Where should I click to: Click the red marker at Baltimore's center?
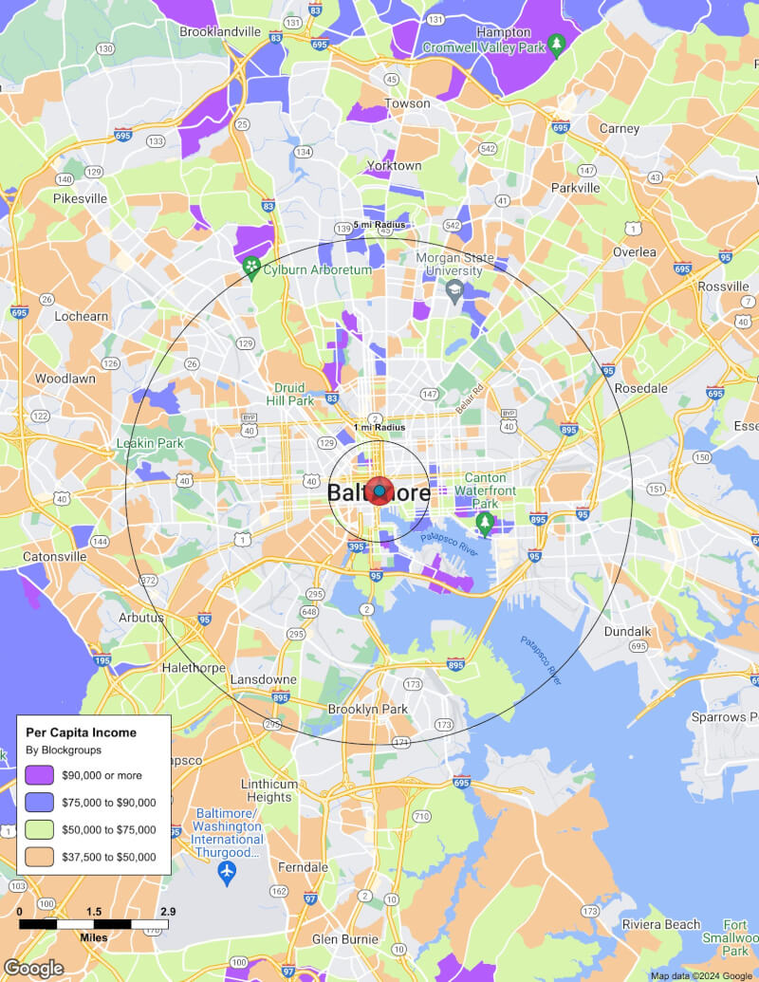(x=379, y=491)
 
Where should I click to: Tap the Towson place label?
(x=407, y=103)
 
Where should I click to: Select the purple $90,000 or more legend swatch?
(x=40, y=774)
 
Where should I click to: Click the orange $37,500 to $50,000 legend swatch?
(x=40, y=857)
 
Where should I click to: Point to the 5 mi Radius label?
(x=379, y=225)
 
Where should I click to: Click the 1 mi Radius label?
(x=379, y=428)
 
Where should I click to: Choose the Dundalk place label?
(x=627, y=631)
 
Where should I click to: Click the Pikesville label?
(x=81, y=199)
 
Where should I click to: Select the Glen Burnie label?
(x=345, y=939)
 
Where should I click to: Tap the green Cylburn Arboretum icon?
(x=251, y=269)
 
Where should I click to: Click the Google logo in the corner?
(x=33, y=968)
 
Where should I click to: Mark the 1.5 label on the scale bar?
(x=94, y=912)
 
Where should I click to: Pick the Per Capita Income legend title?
(x=81, y=732)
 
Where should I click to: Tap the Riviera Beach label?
(x=661, y=925)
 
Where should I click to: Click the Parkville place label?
(x=576, y=188)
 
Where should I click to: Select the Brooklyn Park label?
(x=367, y=709)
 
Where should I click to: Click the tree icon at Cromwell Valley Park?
(x=558, y=43)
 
